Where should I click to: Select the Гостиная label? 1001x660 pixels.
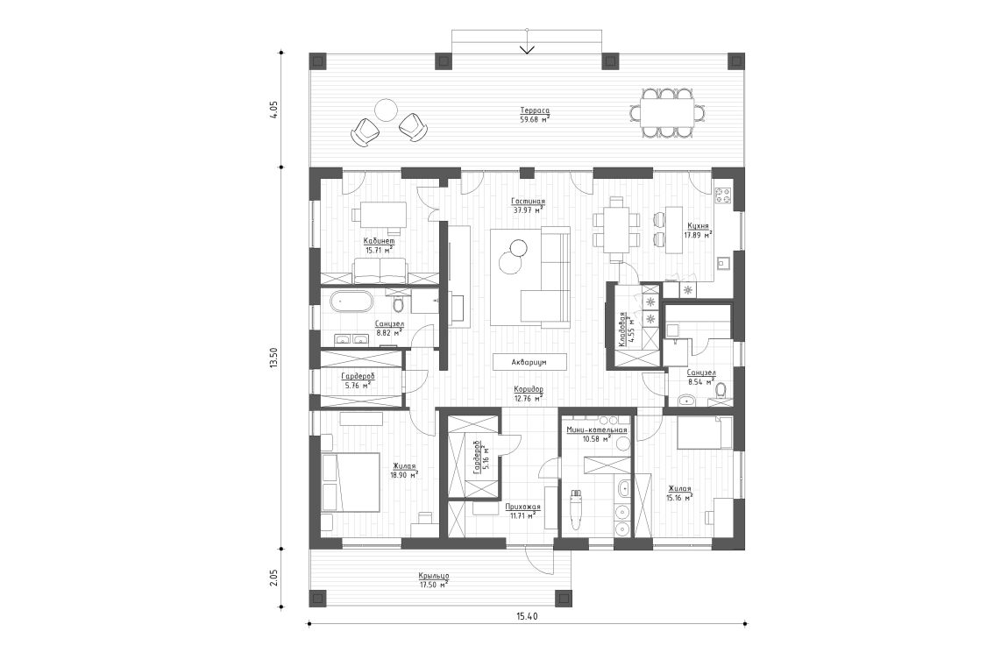pyautogui.click(x=529, y=201)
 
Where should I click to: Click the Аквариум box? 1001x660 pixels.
pyautogui.click(x=529, y=361)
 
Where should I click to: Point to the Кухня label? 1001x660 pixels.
pyautogui.click(x=698, y=225)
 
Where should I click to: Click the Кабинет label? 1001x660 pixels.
pyautogui.click(x=380, y=240)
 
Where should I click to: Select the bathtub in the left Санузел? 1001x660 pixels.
pyautogui.click(x=351, y=303)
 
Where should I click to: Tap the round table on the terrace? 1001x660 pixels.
pyautogui.click(x=386, y=110)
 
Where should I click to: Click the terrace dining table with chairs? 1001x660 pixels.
pyautogui.click(x=665, y=111)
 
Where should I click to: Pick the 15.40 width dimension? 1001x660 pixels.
pyautogui.click(x=526, y=616)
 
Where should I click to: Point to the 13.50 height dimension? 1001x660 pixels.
pyautogui.click(x=273, y=357)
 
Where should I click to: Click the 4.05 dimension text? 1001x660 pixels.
pyautogui.click(x=273, y=110)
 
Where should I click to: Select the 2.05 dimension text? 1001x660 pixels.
pyautogui.click(x=273, y=577)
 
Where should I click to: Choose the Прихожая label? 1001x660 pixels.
pyautogui.click(x=522, y=507)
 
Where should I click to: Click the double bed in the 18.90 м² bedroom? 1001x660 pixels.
pyautogui.click(x=350, y=481)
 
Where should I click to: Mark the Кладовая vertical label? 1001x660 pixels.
pyautogui.click(x=621, y=330)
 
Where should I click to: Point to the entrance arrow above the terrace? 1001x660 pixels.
pyautogui.click(x=527, y=47)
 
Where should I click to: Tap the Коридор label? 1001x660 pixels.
pyautogui.click(x=529, y=389)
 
